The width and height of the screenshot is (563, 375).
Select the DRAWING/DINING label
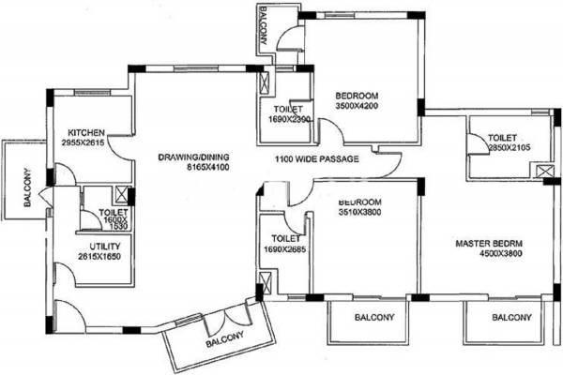(x=195, y=157)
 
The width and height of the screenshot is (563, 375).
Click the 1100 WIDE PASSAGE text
(x=316, y=159)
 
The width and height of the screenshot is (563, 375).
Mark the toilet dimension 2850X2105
(x=510, y=146)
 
